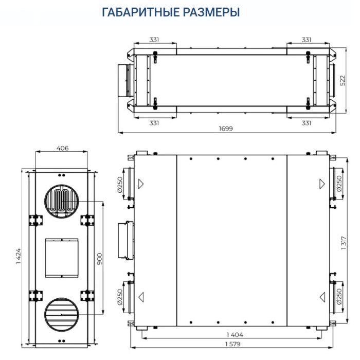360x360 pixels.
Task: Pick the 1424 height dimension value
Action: pyautogui.click(x=19, y=256)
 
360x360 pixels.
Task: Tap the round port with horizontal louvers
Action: pyautogui.click(x=61, y=312)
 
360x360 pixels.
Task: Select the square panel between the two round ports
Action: pyautogui.click(x=61, y=256)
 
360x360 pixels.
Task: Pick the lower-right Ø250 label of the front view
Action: pyautogui.click(x=338, y=298)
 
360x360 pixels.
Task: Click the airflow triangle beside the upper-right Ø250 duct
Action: pyautogui.click(x=322, y=183)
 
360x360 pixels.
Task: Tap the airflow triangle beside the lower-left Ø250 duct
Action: pyautogui.click(x=140, y=296)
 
